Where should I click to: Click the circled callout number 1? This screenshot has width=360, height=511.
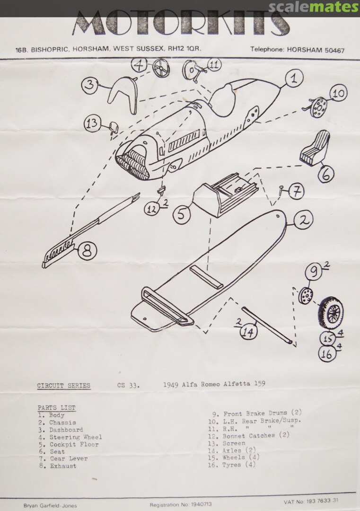(x=294, y=78)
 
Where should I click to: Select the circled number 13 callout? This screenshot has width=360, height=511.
(x=93, y=124)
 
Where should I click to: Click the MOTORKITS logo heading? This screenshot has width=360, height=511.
(x=181, y=24)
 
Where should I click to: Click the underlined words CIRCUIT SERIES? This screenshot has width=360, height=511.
(x=63, y=386)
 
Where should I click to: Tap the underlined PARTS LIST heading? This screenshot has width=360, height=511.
(x=56, y=407)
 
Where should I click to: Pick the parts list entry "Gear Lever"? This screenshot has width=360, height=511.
(x=69, y=458)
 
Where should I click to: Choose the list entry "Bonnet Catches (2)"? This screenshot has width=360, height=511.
(x=255, y=435)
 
